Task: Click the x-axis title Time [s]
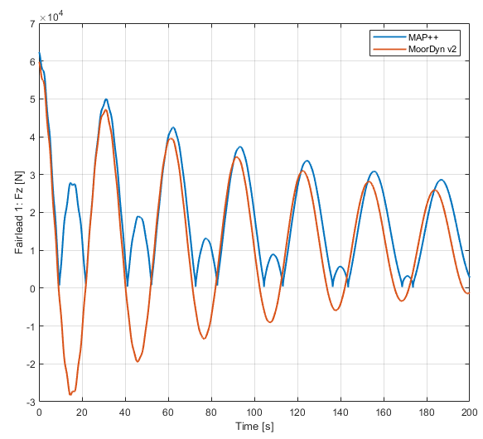[x=254, y=427]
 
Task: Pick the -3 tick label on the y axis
[x=30, y=402]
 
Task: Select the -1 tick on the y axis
[x=30, y=326]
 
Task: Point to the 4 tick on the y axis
[x=31, y=137]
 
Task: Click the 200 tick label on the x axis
[x=469, y=412]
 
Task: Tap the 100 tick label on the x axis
[x=254, y=412]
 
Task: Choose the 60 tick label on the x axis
[x=168, y=412]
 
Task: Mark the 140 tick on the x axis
[x=341, y=412]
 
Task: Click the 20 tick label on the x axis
[x=82, y=412]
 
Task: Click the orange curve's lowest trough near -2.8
[x=70, y=394]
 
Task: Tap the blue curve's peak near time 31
[x=106, y=99]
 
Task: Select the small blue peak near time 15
[x=71, y=183]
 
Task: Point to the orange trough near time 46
[x=138, y=361]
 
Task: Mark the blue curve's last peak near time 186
[x=441, y=179]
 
